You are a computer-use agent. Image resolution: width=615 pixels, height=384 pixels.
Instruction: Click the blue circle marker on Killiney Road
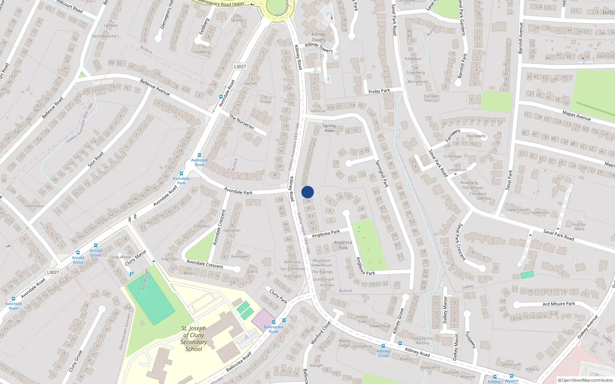point(307,192)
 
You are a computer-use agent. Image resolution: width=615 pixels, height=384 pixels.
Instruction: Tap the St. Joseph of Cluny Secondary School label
point(194,339)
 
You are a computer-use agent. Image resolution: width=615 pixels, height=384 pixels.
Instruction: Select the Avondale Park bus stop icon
point(181,174)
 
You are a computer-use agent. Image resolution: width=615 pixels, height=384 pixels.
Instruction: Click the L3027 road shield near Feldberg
point(240,66)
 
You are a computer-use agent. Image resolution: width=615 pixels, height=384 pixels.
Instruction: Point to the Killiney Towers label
point(319,37)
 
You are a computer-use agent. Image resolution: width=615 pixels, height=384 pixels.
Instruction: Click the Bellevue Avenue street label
point(155,88)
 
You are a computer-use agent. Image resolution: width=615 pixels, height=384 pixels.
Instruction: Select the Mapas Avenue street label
point(576,115)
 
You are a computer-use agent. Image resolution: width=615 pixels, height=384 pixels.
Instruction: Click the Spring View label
point(329,128)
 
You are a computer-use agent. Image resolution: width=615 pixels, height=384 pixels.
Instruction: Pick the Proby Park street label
point(379,91)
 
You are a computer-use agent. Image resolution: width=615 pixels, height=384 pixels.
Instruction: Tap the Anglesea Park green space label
point(343,245)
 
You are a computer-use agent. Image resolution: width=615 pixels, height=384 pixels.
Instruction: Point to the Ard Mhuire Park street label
point(558,304)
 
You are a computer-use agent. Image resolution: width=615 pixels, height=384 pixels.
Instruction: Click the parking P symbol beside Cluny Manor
point(131,274)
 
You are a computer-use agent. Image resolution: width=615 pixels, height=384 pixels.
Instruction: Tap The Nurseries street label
point(241,122)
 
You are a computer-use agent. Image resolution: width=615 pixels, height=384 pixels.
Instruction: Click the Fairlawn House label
point(432,98)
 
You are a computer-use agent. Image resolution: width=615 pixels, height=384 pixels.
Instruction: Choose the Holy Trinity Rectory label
point(422,341)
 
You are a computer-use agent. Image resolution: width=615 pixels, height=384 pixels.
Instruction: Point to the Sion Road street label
point(96,159)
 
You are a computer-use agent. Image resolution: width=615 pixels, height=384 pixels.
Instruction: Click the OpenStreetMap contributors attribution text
point(585,380)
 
